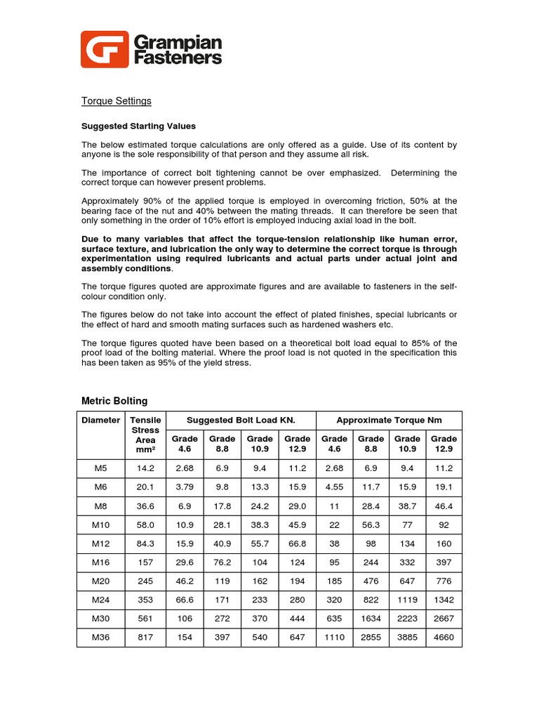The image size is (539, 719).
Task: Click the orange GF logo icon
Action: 105,49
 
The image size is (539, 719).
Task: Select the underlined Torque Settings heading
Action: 117,101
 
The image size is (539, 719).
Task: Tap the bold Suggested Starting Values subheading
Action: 139,126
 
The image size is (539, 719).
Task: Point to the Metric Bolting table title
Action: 115,401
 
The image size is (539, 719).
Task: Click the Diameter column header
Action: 101,420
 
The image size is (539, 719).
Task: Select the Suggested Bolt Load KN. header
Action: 241,420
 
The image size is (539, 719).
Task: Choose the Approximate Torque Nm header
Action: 389,420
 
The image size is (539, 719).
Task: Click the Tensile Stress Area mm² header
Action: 145,435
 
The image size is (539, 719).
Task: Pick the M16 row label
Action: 101,562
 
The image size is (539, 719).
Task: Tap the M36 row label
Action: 101,638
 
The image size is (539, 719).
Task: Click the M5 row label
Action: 101,468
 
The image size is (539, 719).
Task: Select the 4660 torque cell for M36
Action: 444,638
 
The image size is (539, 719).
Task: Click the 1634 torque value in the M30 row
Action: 371,619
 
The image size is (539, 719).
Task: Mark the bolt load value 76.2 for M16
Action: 222,562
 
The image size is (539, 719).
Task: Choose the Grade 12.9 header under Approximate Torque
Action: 444,444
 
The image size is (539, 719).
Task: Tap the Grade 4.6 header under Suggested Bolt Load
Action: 185,444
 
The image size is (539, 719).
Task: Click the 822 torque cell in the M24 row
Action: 371,600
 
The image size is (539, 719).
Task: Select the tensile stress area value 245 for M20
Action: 145,581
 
